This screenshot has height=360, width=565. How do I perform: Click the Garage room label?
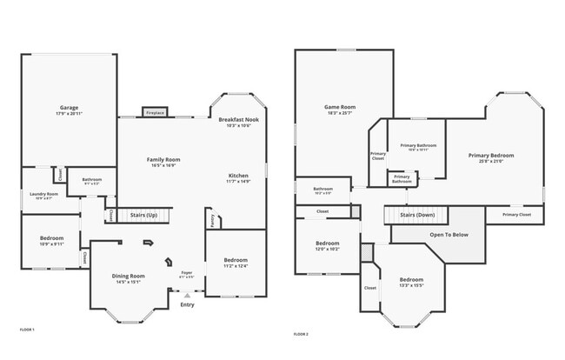(69, 108)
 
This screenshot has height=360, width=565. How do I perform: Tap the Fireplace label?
(156, 113)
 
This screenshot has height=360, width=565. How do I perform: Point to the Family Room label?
(163, 159)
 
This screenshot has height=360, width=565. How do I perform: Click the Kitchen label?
(238, 175)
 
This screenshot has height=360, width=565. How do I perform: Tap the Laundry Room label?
(43, 194)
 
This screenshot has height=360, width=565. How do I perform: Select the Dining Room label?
(128, 276)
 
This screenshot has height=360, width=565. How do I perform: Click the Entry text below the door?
(187, 304)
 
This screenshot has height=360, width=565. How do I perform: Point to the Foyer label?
(186, 272)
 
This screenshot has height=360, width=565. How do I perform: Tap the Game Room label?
(340, 107)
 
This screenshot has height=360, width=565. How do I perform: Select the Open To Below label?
(449, 234)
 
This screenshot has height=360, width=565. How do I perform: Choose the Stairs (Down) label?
(417, 214)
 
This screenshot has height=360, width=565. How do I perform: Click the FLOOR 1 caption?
(27, 330)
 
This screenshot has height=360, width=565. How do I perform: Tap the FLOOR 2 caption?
(301, 334)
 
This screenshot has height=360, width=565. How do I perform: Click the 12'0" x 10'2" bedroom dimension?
(327, 249)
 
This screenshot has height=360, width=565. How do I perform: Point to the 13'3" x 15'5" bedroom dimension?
(411, 285)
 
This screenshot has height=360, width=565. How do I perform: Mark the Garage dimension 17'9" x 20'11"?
(69, 114)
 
